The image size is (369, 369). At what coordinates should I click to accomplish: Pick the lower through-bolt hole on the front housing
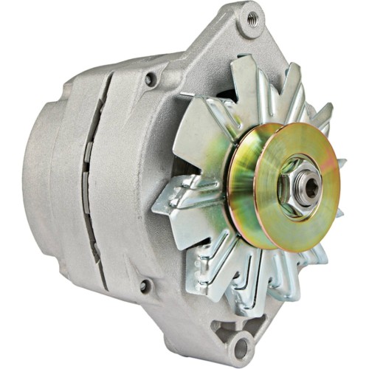coord(144,284)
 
